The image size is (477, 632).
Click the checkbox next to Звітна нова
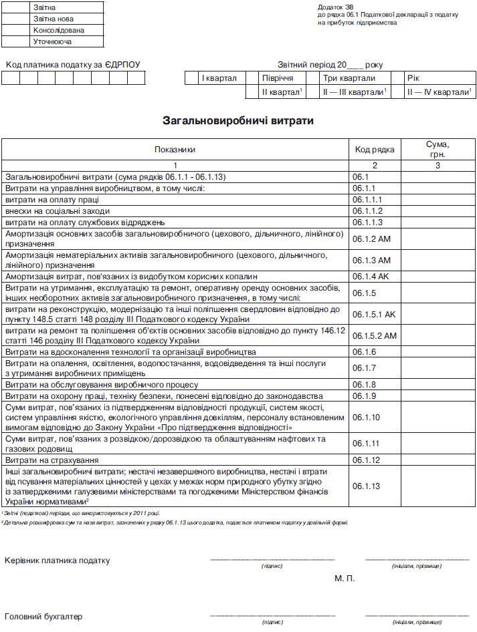15,19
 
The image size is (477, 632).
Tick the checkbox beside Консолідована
15,30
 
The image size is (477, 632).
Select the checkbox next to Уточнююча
15,41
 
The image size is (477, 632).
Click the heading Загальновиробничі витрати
238,121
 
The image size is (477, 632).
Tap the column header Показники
175,150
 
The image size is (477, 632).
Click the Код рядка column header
374,150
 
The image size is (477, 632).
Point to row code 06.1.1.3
367,222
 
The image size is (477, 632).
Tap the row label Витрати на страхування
52,460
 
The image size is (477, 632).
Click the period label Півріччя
278,78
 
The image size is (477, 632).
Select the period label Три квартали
349,78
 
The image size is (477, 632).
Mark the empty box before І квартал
192,78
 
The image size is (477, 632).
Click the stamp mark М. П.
344,577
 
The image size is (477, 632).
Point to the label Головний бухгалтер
43,616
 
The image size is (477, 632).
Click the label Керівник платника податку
57,561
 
